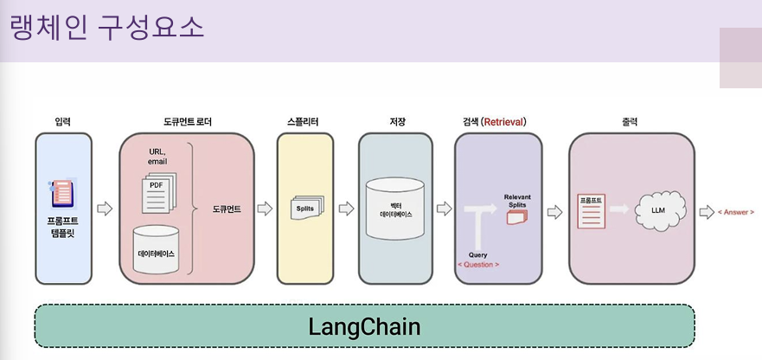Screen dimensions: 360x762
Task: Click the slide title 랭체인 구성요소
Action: (x=107, y=27)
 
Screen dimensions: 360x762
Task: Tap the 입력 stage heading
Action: (x=63, y=122)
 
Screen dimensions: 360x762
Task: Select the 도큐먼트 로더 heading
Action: (x=186, y=122)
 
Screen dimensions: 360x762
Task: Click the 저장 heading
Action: (x=398, y=122)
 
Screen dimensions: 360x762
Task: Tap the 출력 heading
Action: (x=630, y=122)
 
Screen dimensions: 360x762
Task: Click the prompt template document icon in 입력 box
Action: (x=62, y=193)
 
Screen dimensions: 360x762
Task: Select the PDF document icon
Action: (x=157, y=188)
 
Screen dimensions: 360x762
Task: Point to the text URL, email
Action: (x=157, y=157)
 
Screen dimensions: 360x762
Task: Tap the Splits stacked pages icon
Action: (x=307, y=208)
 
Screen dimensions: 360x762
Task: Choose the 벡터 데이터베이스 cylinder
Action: (x=396, y=209)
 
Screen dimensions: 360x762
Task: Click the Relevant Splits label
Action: (x=517, y=201)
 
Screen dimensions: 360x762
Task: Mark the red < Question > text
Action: (x=478, y=264)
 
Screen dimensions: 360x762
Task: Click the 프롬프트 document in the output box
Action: (x=591, y=210)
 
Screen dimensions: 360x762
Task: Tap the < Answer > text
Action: (x=736, y=212)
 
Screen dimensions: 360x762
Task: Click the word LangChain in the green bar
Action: (x=364, y=327)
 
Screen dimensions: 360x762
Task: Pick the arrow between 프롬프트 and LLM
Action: (x=618, y=209)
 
